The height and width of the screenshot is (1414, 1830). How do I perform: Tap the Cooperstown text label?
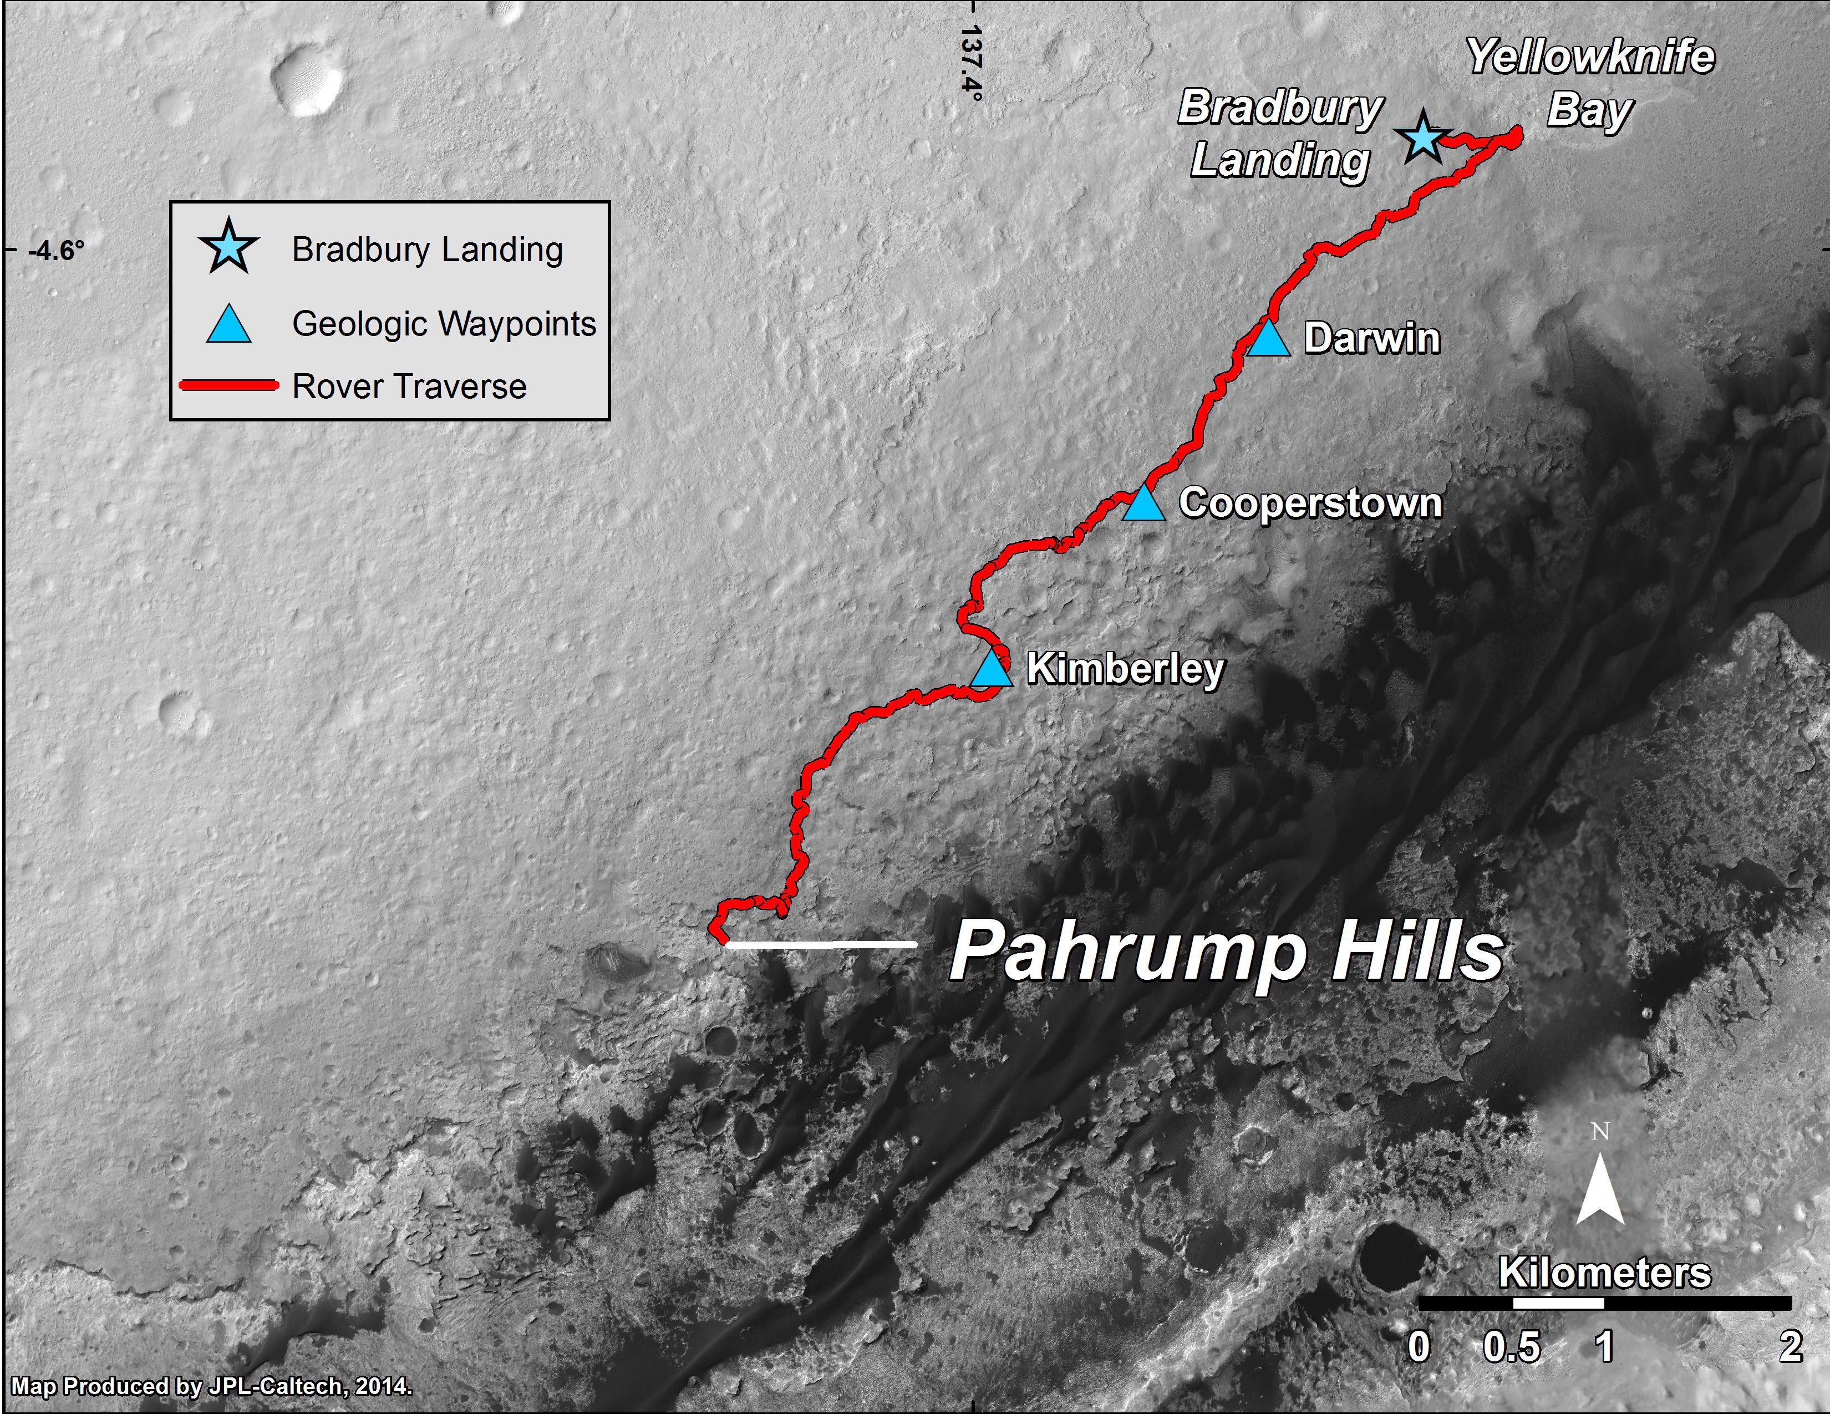click(x=1310, y=503)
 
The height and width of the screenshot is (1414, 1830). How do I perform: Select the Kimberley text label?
click(x=1125, y=669)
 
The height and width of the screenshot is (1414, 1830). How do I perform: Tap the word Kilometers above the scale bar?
click(x=1604, y=1273)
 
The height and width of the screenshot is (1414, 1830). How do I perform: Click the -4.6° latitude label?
click(x=56, y=251)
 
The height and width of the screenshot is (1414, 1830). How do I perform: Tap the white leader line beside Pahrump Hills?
click(x=821, y=944)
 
